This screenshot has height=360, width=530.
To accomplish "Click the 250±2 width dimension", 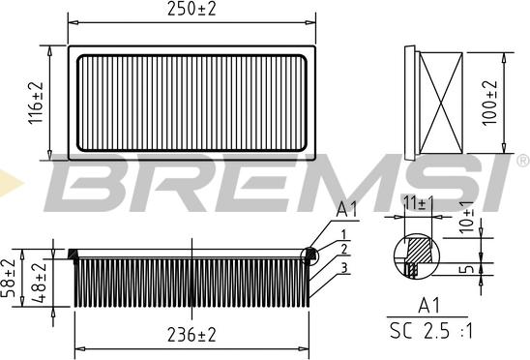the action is pyautogui.click(x=191, y=9).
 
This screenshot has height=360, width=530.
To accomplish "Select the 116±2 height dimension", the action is pyautogui.click(x=36, y=103).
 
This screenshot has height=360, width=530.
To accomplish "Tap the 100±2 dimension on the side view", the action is pyautogui.click(x=489, y=103).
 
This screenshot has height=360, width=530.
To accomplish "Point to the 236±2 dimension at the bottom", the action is pyautogui.click(x=191, y=335).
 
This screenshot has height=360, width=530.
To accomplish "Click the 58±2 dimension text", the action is pyautogui.click(x=8, y=278).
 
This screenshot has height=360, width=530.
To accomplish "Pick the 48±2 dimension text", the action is pyautogui.click(x=39, y=283).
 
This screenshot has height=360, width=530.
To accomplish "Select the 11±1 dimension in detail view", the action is pyautogui.click(x=419, y=203).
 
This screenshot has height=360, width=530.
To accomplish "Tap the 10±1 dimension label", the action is pyautogui.click(x=466, y=217).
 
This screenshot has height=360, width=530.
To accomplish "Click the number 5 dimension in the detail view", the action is pyautogui.click(x=467, y=269).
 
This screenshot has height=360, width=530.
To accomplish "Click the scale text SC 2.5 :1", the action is pyautogui.click(x=431, y=331).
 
